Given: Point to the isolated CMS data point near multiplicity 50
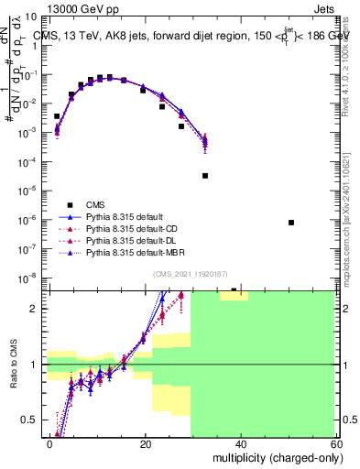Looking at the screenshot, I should point(290,223).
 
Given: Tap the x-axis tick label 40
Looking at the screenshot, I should point(241,443).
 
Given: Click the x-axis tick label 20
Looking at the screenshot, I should point(146,443).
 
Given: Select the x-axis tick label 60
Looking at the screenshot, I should point(335,443).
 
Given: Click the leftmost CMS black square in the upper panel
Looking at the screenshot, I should point(57,116).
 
